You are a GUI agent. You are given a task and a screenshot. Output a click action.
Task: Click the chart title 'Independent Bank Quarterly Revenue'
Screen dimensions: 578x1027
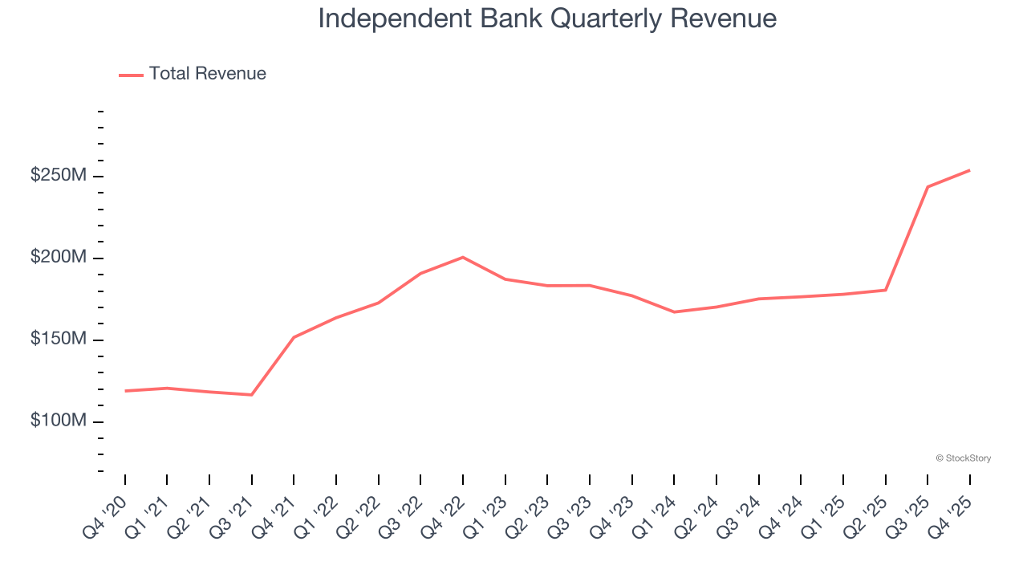[547, 18]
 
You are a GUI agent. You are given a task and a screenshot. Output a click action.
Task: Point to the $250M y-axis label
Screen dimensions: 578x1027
[58, 176]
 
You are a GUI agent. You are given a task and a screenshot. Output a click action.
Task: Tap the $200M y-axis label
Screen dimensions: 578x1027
[58, 258]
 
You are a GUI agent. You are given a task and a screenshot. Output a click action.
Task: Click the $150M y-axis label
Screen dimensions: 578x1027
[58, 340]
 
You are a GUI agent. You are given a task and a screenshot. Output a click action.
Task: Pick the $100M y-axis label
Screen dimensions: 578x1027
[58, 421]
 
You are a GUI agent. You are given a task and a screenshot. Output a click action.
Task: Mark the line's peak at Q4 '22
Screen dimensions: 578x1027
[463, 257]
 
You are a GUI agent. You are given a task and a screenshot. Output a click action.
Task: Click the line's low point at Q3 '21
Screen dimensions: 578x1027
[252, 395]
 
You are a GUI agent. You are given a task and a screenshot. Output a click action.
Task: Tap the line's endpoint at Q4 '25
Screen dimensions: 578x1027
[969, 170]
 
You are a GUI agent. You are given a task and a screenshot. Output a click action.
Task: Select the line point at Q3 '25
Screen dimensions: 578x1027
[928, 187]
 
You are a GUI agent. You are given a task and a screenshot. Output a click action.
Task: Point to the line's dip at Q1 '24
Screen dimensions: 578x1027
[674, 312]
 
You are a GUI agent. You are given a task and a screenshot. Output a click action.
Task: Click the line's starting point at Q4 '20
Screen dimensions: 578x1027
[125, 391]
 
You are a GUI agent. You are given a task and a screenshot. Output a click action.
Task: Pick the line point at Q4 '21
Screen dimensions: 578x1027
[294, 337]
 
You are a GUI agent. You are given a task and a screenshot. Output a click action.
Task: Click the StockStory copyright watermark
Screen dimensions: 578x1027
[963, 458]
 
